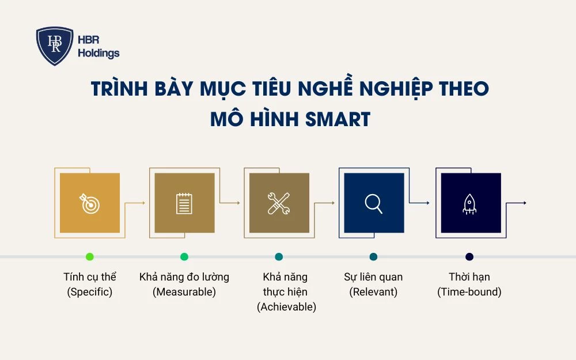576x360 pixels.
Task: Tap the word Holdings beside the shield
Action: [98, 54]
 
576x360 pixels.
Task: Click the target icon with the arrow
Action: [89, 203]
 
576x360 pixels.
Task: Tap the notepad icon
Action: [184, 203]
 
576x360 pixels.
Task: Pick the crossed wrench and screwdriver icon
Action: [279, 203]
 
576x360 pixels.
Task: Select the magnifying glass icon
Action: [373, 203]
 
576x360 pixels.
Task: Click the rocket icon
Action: [469, 203]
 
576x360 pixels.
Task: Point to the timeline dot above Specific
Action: [89, 256]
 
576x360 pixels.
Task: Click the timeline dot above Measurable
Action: [184, 256]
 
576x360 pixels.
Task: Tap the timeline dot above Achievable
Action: [279, 256]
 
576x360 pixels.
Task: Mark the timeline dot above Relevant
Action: [373, 256]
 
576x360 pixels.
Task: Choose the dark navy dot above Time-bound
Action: [469, 256]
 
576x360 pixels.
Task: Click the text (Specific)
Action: [89, 292]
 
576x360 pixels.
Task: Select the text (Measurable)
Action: [184, 292]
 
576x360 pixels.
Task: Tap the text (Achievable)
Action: [286, 307]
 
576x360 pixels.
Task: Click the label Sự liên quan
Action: [373, 277]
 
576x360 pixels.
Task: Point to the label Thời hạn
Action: [469, 277]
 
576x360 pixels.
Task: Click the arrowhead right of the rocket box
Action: [524, 203]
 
